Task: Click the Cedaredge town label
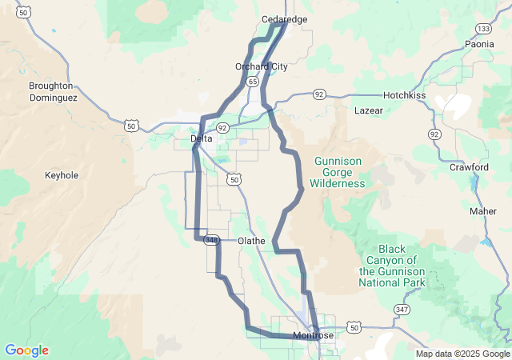(x=285, y=19)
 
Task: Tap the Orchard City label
(x=261, y=66)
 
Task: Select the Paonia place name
(x=479, y=45)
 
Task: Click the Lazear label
(x=369, y=110)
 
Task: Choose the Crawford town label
(x=469, y=167)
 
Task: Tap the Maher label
(x=483, y=211)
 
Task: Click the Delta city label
(x=202, y=138)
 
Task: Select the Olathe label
(x=252, y=240)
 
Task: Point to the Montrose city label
(x=313, y=335)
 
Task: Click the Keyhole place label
(x=62, y=174)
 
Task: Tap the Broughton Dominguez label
(x=50, y=91)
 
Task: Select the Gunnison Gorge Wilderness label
(x=338, y=172)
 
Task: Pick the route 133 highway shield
(x=483, y=28)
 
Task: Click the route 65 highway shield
(x=253, y=82)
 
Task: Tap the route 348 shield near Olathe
(x=211, y=240)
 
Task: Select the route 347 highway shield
(x=401, y=308)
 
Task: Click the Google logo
(x=26, y=350)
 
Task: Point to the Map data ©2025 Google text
(x=462, y=354)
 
